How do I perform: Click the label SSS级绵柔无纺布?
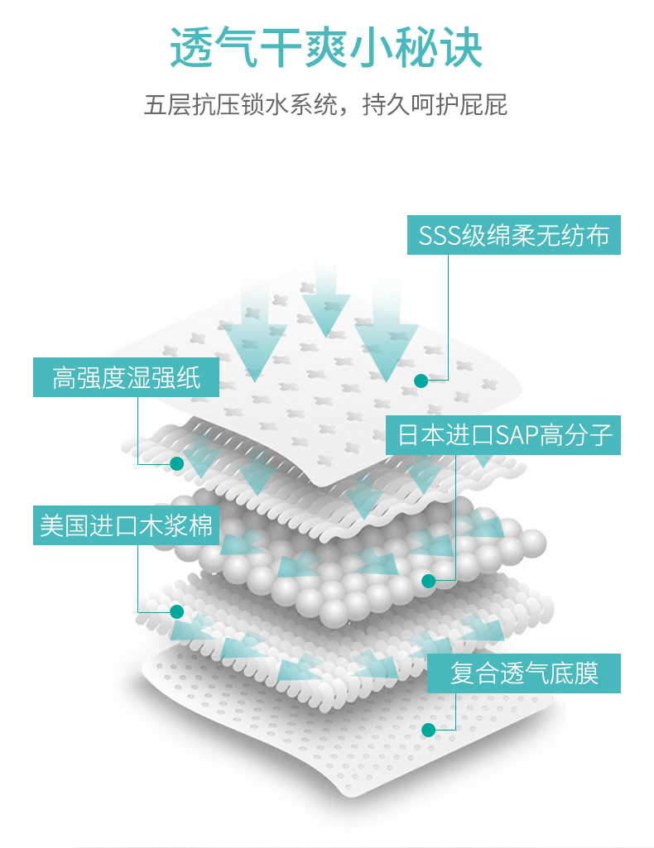513,236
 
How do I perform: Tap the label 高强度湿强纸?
127,377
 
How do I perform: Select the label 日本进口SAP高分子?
503,434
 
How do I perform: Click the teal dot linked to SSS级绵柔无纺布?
421,381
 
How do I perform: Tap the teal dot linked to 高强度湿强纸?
176,464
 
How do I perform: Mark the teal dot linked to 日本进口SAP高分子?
428,581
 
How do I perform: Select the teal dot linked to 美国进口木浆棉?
176,612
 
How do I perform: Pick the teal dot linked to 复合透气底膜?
428,730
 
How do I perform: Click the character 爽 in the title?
327,47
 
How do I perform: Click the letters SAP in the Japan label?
516,435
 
